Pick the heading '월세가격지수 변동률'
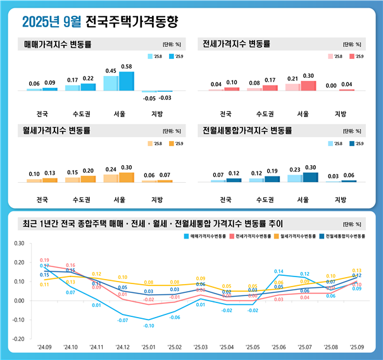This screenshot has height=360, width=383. (x=57, y=132)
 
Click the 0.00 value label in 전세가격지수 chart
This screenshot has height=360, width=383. (x=331, y=85)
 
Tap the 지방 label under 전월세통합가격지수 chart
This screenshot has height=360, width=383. (x=340, y=200)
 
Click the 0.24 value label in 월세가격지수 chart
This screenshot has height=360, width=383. (x=111, y=170)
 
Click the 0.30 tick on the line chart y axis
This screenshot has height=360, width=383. (x=18, y=243)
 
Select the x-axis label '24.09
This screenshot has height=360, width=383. (x=44, y=347)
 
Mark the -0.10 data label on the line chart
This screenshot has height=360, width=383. (x=148, y=326)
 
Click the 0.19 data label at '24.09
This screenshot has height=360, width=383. (x=45, y=260)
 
